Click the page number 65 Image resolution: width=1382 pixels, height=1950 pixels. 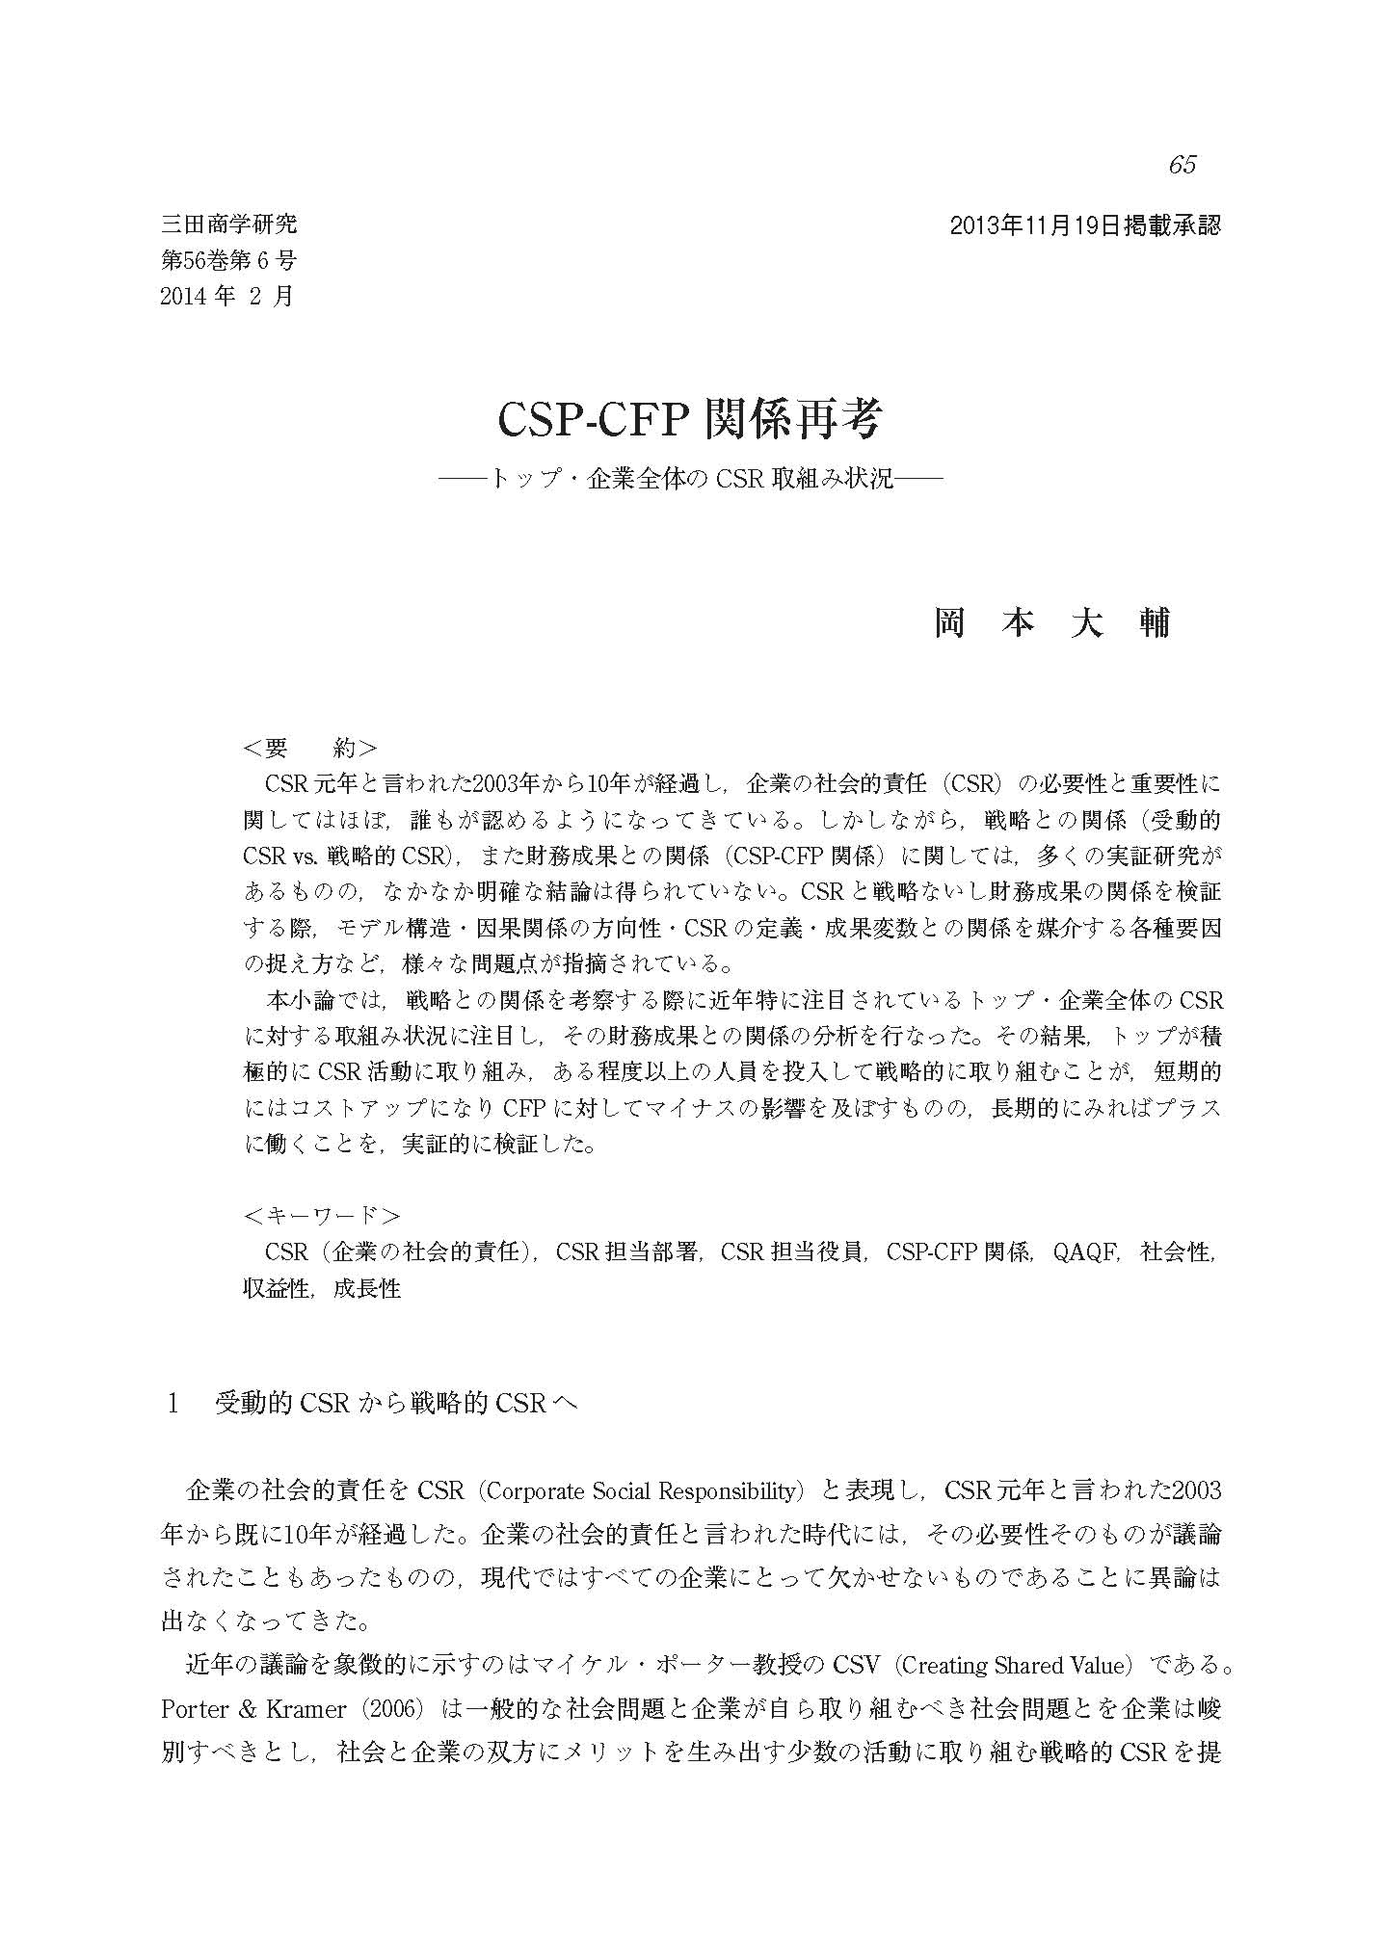(1182, 165)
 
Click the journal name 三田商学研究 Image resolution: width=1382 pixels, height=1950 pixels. (228, 225)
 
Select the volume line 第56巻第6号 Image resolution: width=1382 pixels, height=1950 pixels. (228, 260)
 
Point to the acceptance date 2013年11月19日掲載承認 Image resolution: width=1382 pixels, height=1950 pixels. (1085, 226)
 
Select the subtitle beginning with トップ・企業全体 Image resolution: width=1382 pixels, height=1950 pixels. (690, 478)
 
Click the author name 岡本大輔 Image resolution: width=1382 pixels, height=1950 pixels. (1051, 623)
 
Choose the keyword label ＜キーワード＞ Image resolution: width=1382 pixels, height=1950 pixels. (322, 1215)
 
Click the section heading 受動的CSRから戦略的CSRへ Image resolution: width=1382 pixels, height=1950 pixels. (395, 1403)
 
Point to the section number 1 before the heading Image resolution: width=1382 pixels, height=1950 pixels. (173, 1403)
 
